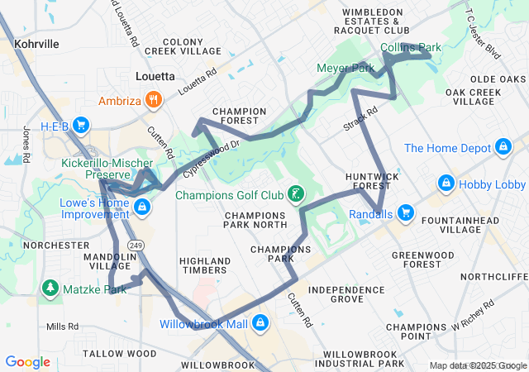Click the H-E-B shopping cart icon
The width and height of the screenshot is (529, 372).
81,126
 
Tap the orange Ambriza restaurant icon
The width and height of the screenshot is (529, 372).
153,102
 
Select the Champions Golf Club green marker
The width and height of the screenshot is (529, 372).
293,196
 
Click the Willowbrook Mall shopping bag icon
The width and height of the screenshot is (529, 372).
260,322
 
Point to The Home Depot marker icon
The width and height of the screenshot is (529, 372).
502,148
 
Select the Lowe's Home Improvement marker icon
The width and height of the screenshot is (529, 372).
142,206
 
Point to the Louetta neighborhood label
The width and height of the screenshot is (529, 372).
155,76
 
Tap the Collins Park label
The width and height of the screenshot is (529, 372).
411,48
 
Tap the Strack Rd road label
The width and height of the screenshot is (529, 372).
360,117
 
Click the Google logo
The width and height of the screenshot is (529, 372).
27,361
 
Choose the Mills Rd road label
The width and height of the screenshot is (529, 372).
61,327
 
